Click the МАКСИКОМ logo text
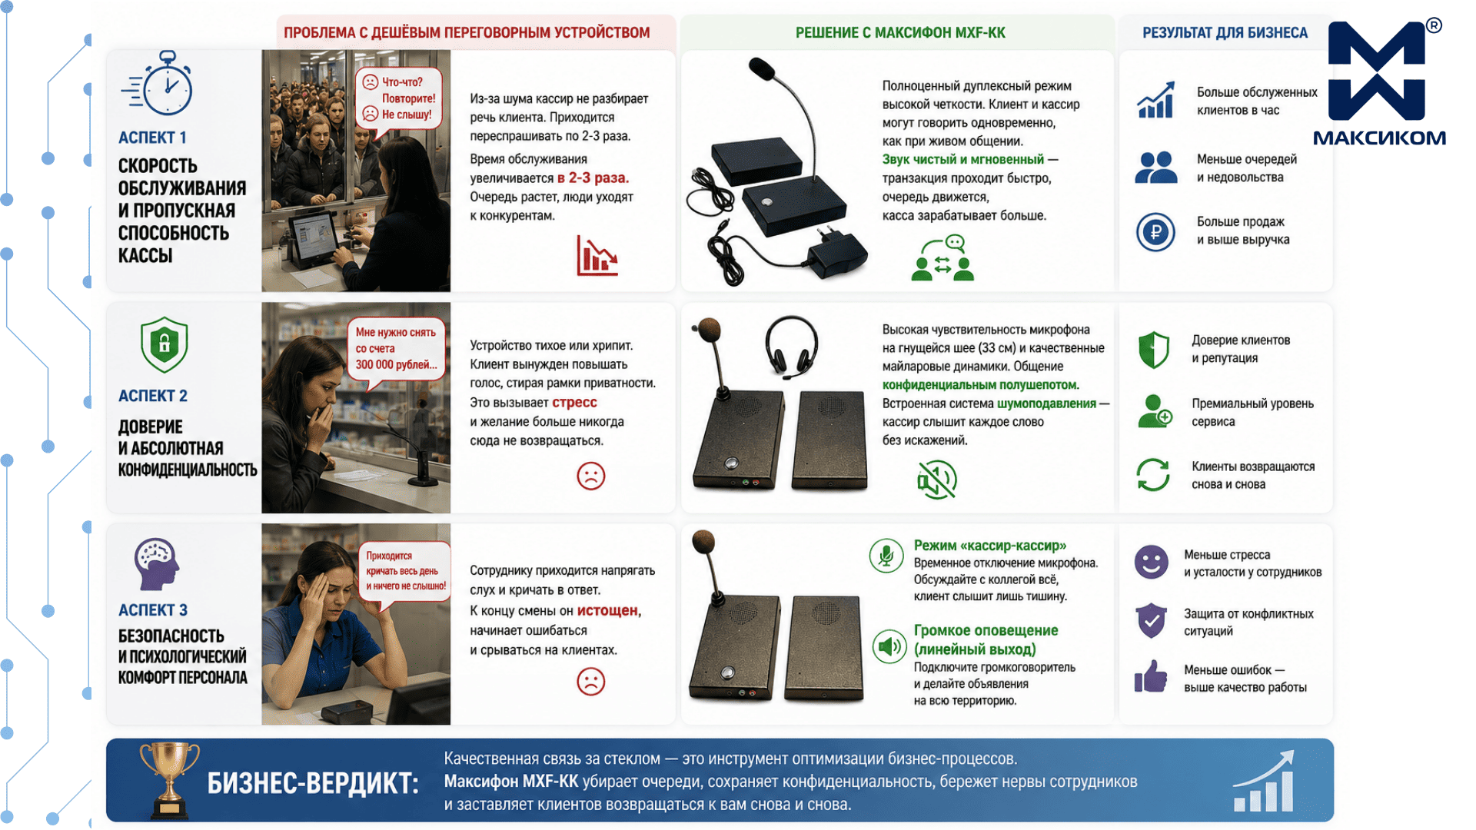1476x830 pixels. (x=1379, y=138)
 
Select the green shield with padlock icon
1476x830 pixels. (x=165, y=344)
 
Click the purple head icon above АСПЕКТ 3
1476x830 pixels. (x=157, y=564)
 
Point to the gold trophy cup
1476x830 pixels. (x=170, y=779)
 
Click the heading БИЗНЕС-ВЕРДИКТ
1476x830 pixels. (x=313, y=784)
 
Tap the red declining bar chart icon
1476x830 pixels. (x=597, y=256)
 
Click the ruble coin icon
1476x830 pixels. (x=1155, y=232)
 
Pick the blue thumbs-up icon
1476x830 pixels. (x=1151, y=677)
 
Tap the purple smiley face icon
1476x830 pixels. (x=1151, y=563)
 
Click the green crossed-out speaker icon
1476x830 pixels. (x=937, y=479)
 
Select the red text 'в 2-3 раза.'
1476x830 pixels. (x=593, y=178)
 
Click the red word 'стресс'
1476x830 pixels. (x=574, y=403)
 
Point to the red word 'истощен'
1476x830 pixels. (x=607, y=610)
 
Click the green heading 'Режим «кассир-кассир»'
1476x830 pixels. (x=990, y=546)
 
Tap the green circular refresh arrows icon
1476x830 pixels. (x=1153, y=474)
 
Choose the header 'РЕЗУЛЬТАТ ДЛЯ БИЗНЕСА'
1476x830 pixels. (x=1225, y=33)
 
